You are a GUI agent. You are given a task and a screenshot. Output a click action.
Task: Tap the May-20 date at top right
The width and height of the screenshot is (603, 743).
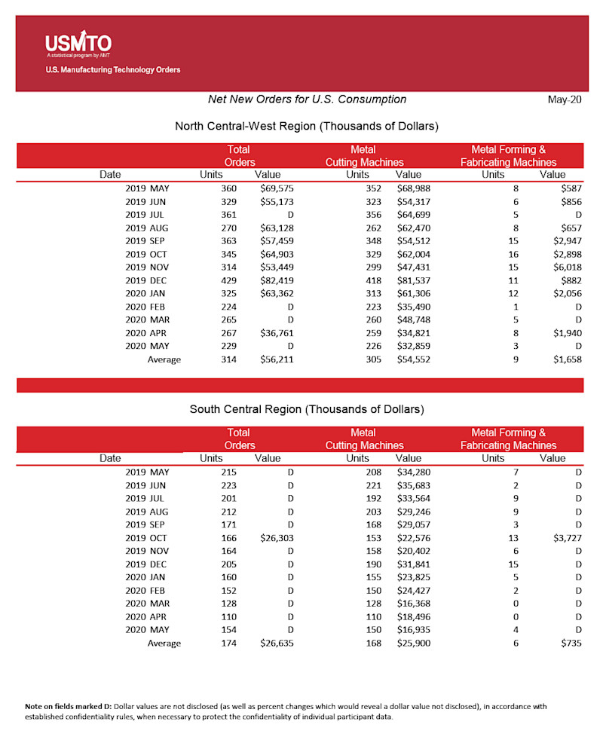[x=565, y=100]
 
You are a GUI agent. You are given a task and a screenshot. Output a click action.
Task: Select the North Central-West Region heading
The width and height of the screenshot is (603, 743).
[x=306, y=126]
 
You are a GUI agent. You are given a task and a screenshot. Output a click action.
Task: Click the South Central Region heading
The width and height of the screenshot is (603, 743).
[x=306, y=409]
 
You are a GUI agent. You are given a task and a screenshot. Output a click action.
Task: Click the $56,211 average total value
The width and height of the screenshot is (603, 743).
[x=277, y=359]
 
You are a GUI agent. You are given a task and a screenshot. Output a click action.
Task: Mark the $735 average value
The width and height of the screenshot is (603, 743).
[x=570, y=644]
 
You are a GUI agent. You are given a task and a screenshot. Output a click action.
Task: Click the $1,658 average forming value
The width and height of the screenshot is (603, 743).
[x=566, y=359]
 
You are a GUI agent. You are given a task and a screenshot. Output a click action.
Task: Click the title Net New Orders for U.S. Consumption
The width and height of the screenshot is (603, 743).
[x=307, y=99]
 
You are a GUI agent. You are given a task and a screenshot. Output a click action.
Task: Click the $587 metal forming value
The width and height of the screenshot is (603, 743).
[x=570, y=188]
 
